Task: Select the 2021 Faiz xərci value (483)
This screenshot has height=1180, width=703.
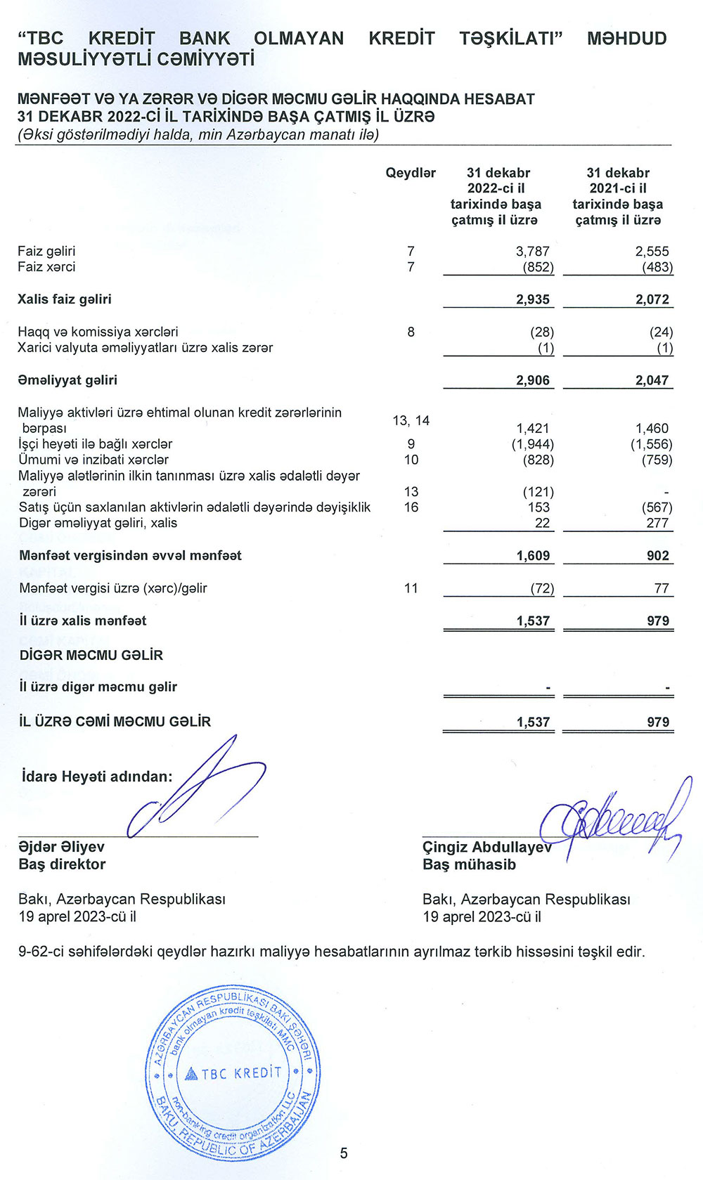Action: coord(657,267)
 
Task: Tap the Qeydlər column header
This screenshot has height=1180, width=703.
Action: coord(411,173)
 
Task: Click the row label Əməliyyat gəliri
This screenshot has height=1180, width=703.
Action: coord(67,380)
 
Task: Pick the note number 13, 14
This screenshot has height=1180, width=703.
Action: coord(411,420)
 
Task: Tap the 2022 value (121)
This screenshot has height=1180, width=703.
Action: coord(538,492)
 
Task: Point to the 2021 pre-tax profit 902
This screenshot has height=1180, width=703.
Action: coord(658,556)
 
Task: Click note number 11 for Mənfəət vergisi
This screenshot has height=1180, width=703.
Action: coord(411,588)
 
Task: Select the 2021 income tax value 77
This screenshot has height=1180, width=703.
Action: coord(662,588)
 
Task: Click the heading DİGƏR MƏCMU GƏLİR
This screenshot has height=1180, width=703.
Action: coord(91,655)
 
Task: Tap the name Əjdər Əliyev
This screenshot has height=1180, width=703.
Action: coord(62,847)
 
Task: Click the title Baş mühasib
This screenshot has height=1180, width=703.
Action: coord(469,864)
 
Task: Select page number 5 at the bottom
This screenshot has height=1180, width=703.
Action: coord(344,1153)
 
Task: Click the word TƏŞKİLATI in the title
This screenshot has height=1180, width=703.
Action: coord(511,38)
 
